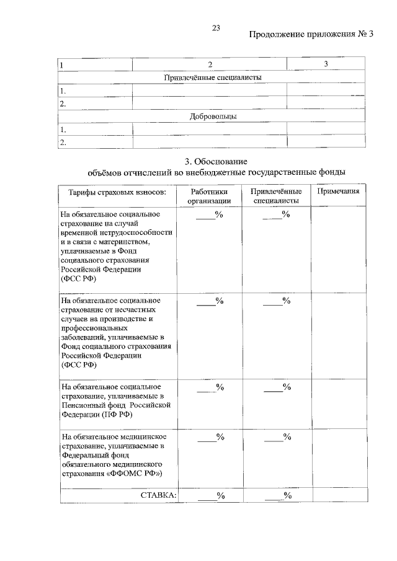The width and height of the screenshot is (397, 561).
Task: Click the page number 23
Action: [216, 28]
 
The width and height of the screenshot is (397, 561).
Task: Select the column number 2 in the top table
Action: [210, 64]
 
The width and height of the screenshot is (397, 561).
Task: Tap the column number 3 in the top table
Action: [326, 64]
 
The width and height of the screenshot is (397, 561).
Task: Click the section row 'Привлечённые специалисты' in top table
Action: [212, 77]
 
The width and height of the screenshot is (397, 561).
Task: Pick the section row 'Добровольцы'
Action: [212, 117]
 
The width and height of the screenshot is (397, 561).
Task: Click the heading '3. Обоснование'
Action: [215, 161]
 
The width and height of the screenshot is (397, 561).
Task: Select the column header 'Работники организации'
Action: [210, 197]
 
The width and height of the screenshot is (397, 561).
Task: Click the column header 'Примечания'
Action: [338, 192]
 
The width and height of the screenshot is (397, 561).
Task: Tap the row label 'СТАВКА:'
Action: [158, 495]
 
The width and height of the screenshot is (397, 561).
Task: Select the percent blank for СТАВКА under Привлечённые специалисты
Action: [277, 495]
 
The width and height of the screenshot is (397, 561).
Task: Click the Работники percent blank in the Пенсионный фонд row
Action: [210, 387]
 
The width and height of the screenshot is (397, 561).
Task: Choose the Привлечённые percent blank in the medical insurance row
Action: [277, 436]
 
